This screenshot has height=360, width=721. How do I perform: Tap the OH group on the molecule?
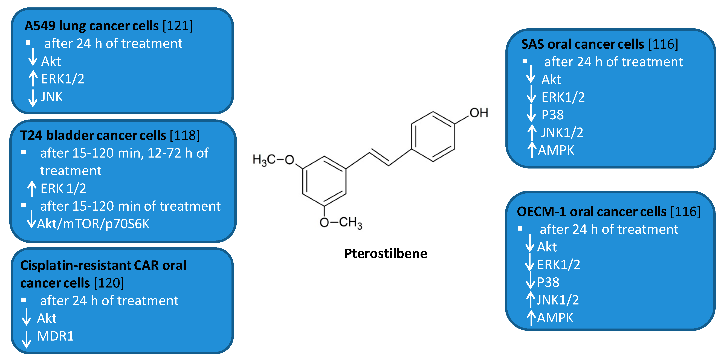pos(479,113)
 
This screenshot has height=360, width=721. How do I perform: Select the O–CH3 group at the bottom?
pos(341,223)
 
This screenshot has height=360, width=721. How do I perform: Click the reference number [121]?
pos(178,26)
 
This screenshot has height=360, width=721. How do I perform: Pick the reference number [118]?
pos(185,135)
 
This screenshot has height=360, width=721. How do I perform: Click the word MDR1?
pos(55,336)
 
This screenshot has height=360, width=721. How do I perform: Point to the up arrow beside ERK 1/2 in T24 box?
pos(32,188)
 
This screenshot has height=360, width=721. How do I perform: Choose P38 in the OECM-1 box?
pos(548,282)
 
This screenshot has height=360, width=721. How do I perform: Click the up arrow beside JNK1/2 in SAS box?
pos(532,132)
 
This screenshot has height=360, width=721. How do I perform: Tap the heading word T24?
pos(31,135)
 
